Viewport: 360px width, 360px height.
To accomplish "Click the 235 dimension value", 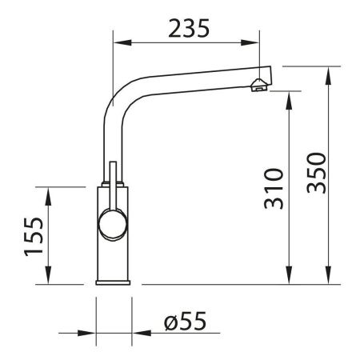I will tap(189, 28).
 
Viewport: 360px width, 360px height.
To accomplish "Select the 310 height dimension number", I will tap(274, 189).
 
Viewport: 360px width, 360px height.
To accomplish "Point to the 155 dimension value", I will tap(31, 236).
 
